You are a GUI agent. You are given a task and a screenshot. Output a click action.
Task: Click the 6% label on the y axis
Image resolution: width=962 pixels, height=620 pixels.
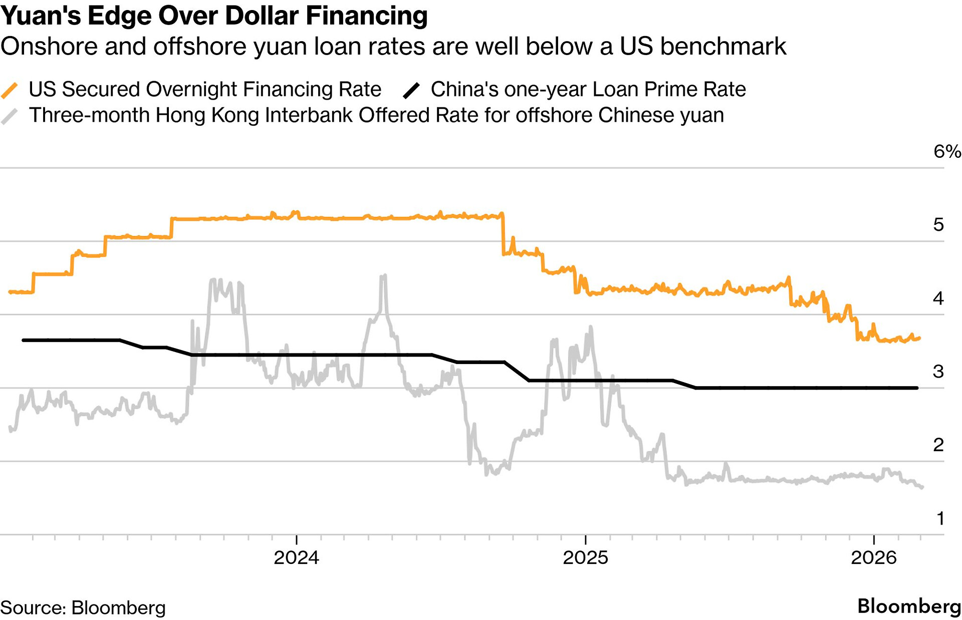pyautogui.click(x=946, y=151)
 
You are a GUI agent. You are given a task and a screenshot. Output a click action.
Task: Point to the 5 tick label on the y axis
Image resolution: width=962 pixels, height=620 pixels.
pyautogui.click(x=938, y=225)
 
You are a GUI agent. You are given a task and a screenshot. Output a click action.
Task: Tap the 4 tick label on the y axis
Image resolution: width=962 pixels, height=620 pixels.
pyautogui.click(x=938, y=298)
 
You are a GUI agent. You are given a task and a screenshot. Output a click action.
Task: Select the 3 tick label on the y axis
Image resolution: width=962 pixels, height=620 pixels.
pyautogui.click(x=938, y=372)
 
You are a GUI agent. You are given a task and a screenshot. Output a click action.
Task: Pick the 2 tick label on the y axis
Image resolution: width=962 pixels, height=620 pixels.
pyautogui.click(x=938, y=445)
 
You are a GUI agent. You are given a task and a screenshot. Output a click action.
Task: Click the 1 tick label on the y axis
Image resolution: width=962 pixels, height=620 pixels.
pyautogui.click(x=940, y=518)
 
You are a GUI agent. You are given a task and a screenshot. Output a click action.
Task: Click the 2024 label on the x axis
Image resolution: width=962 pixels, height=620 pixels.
pyautogui.click(x=296, y=557)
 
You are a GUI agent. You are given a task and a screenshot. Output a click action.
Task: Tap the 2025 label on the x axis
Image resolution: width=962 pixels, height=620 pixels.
pyautogui.click(x=585, y=557)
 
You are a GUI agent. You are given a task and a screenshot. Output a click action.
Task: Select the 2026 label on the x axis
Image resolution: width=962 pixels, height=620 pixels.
pyautogui.click(x=873, y=557)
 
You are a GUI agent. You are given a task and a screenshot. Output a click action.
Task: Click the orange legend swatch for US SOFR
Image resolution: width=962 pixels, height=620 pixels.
pyautogui.click(x=10, y=90)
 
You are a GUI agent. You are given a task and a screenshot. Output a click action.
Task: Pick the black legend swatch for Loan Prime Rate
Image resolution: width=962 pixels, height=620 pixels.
pyautogui.click(x=411, y=90)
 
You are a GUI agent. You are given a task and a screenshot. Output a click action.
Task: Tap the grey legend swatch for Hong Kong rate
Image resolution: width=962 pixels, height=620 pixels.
pyautogui.click(x=10, y=116)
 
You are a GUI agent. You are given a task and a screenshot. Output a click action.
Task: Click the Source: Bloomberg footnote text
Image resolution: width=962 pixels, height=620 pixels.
pyautogui.click(x=83, y=607)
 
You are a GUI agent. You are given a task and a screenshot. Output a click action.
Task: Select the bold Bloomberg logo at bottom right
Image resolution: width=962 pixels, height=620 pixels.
pyautogui.click(x=909, y=606)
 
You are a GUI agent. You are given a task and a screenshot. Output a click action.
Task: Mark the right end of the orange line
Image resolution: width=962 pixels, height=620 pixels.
pyautogui.click(x=919, y=339)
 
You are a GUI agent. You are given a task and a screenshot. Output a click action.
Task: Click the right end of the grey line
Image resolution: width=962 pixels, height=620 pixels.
pyautogui.click(x=922, y=487)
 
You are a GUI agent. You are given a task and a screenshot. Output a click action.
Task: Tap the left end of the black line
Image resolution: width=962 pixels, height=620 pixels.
pyautogui.click(x=24, y=340)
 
